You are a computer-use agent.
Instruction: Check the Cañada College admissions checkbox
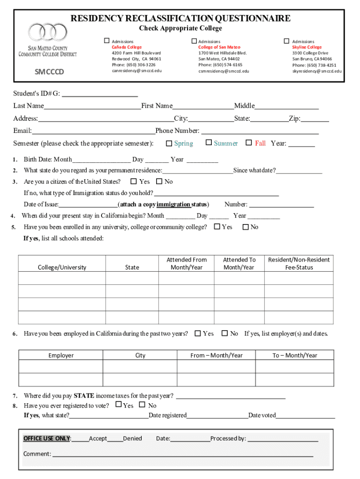click(107, 41)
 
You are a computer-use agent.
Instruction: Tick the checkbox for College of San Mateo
click(194, 41)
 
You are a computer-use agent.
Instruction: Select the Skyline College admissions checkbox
click(287, 41)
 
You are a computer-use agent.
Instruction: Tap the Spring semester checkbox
click(170, 143)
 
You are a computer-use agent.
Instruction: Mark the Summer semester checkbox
click(209, 142)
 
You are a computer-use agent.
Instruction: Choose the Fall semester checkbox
click(249, 142)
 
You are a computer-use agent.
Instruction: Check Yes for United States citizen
click(134, 181)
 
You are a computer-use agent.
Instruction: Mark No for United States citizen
click(159, 181)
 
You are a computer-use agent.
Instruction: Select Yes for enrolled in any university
click(217, 226)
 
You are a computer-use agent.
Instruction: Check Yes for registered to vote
click(119, 405)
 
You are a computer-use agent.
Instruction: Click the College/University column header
click(62, 268)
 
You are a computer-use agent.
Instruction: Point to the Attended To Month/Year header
click(239, 263)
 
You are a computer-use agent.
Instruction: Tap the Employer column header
click(61, 356)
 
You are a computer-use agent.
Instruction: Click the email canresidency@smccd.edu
click(137, 71)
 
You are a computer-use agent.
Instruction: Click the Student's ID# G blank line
click(100, 93)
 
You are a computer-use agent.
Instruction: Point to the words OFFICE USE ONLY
click(47, 438)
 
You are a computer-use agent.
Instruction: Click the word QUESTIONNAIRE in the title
click(253, 18)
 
